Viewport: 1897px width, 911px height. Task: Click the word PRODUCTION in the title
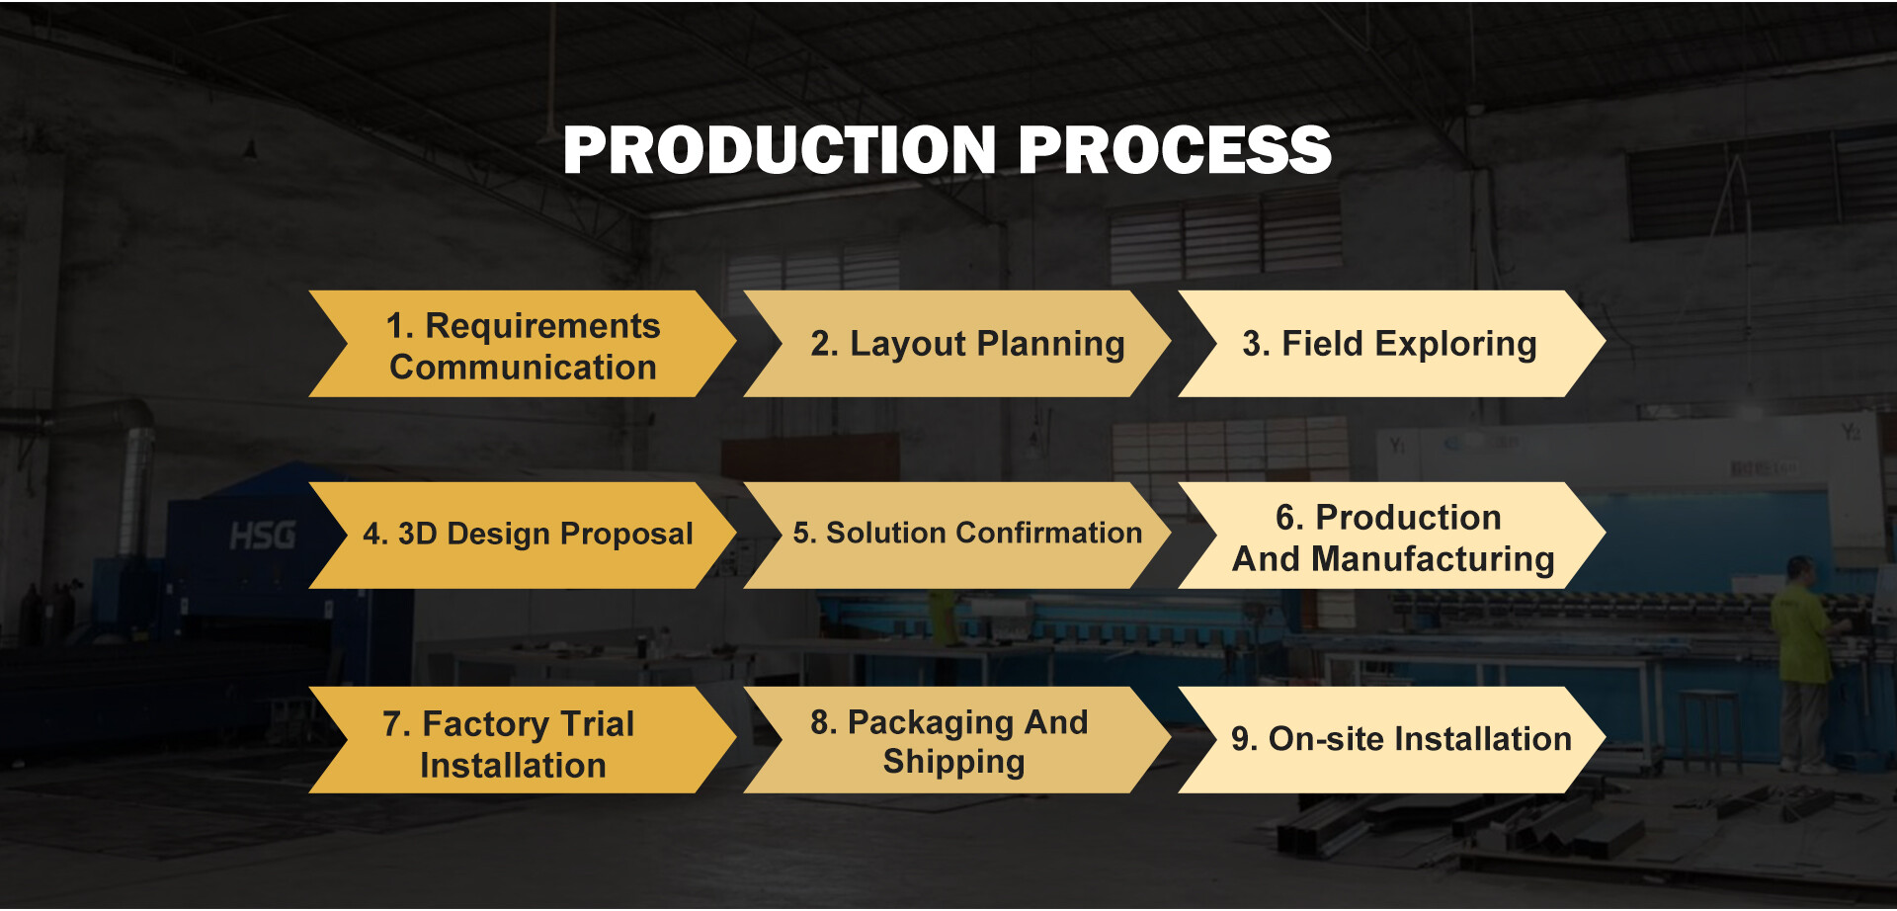coord(780,150)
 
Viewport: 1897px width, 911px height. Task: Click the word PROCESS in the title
coord(1175,150)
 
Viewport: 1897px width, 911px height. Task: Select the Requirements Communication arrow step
coord(523,344)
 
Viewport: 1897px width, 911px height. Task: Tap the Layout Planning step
coord(956,344)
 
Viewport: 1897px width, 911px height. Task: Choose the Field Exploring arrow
coord(1391,344)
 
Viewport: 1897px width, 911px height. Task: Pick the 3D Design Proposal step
coord(523,536)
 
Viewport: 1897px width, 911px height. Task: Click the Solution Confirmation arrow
coord(956,536)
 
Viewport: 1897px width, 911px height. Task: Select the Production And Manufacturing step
coord(1391,536)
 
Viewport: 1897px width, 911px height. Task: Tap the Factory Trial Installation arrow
coord(523,740)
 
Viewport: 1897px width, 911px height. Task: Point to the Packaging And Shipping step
coord(956,740)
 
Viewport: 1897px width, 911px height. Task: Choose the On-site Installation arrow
coord(1391,740)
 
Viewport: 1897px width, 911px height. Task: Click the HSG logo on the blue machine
coord(263,536)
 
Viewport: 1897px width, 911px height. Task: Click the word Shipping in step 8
coord(953,762)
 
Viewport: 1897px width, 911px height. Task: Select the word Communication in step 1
coord(523,368)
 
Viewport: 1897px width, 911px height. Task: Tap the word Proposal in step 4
coord(626,535)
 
